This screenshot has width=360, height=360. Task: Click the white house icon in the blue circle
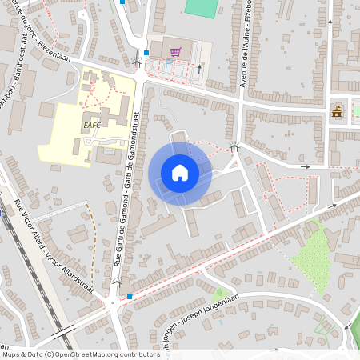180,173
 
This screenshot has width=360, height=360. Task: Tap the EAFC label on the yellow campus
91,125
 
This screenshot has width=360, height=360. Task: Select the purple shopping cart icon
174,52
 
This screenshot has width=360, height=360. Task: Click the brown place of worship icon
337,111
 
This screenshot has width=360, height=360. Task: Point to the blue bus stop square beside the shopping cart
147,52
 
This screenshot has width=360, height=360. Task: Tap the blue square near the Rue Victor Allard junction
130,296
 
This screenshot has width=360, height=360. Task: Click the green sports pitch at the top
201,8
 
